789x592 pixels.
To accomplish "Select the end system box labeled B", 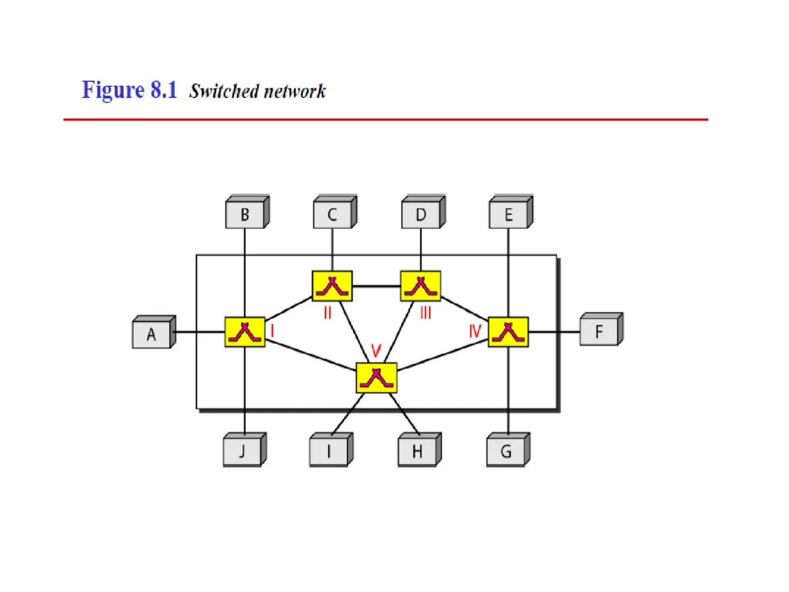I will point(245,215).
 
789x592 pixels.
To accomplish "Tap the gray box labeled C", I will point(332,215).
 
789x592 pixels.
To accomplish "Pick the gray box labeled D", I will point(421,215).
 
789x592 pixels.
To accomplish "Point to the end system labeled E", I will point(509,215).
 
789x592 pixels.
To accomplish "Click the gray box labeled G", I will point(506,451).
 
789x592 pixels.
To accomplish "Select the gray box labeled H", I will point(417,451).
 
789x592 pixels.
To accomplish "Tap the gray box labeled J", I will point(242,451).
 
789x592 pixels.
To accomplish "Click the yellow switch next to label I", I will point(245,332).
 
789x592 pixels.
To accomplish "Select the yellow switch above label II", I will point(332,286).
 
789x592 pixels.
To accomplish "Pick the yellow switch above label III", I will point(421,286).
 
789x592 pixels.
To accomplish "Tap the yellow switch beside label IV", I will point(508,332).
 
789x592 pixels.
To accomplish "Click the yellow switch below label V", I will point(376,378).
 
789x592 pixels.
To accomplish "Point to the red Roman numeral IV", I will point(475,331).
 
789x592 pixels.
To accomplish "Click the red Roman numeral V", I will point(376,350).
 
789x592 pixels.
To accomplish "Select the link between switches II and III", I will point(376,286).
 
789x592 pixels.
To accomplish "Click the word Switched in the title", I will point(224,91).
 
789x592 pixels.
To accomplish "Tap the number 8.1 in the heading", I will point(164,90).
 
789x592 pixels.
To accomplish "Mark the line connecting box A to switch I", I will point(198,332).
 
